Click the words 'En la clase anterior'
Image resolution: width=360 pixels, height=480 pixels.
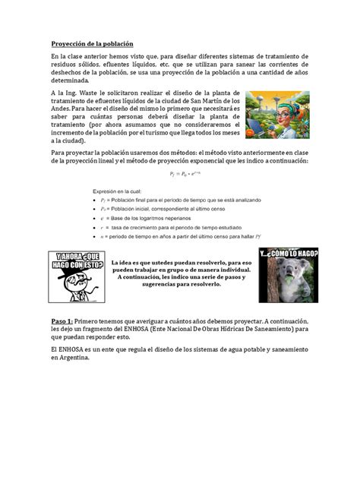(x=84, y=58)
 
